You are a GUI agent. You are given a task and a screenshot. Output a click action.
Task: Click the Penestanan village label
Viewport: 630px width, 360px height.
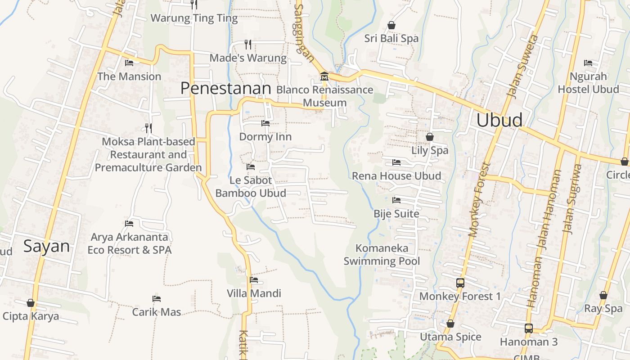point(225,88)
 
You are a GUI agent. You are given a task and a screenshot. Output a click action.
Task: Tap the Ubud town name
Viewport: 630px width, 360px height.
point(499,120)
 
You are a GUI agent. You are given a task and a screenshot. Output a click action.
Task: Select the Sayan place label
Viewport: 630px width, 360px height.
point(46,246)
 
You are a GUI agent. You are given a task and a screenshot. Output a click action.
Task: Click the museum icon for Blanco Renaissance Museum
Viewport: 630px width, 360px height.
point(324,76)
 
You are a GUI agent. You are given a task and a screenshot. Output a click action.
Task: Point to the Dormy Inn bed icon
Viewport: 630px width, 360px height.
point(265,123)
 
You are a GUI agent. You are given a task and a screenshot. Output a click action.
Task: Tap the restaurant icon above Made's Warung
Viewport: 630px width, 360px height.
point(248,44)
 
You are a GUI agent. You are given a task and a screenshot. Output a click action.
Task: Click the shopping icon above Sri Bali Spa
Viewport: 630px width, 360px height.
point(391,25)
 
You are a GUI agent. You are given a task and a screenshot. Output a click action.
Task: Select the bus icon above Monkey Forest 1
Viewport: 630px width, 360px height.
point(460,283)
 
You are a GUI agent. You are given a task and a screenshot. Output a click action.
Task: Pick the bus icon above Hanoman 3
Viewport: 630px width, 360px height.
point(529,328)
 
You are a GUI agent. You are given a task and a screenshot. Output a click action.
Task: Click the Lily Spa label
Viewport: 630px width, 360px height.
point(430,150)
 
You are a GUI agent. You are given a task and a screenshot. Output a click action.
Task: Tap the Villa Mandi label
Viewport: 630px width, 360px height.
point(254,293)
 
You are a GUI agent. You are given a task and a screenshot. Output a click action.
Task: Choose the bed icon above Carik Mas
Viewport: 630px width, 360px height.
point(157,298)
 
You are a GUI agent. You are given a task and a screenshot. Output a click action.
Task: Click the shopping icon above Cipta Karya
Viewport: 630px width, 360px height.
point(31,303)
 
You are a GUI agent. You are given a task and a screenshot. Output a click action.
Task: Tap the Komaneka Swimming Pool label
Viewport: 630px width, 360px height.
point(382,254)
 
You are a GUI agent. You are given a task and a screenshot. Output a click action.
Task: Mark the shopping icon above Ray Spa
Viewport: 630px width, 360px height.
point(603,296)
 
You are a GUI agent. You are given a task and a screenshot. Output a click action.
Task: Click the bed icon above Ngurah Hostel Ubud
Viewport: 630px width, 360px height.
point(588,63)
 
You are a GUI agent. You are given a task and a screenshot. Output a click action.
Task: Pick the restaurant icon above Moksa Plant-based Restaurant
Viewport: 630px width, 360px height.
point(148,128)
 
